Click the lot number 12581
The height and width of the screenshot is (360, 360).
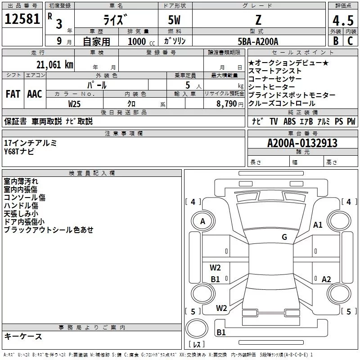(x=22, y=19)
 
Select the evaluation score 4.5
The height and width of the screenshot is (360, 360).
(x=342, y=21)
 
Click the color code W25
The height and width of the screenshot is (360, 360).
(x=75, y=103)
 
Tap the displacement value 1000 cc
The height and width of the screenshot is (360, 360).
(x=140, y=41)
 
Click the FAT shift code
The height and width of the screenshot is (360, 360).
(x=13, y=94)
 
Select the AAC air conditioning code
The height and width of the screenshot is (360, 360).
(x=35, y=94)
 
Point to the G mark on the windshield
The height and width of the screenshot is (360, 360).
(x=284, y=237)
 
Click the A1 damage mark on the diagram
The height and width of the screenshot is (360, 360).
(x=318, y=225)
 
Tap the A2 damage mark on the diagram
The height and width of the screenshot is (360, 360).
(x=326, y=279)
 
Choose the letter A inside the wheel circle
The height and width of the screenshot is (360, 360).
(x=202, y=221)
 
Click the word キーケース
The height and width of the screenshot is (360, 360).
(x=23, y=337)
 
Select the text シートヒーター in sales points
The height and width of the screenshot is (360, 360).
(x=271, y=87)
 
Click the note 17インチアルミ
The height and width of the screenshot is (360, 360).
(x=31, y=143)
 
